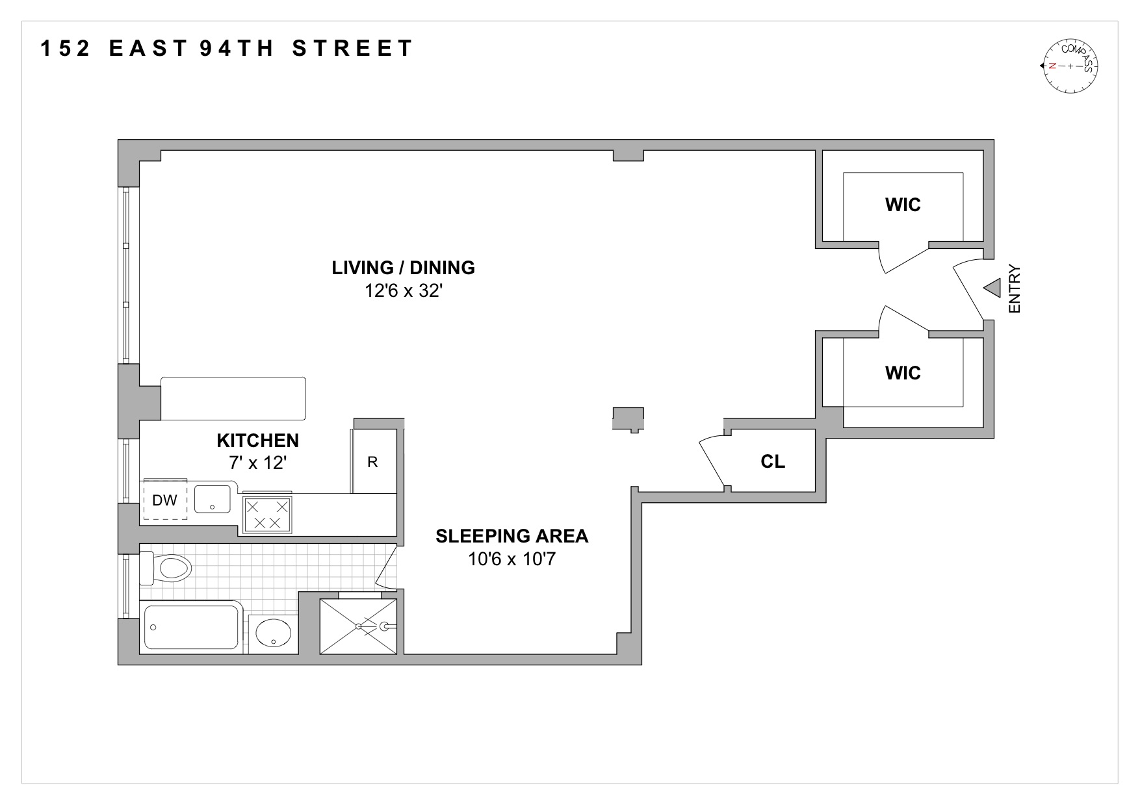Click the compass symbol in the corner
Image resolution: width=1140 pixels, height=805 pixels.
[1070, 66]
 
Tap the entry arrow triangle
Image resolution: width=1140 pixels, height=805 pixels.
[992, 288]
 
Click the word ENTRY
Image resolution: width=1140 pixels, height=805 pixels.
[1015, 288]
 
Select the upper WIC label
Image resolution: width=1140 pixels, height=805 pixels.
[903, 205]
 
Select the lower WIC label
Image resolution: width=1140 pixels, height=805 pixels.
[903, 374]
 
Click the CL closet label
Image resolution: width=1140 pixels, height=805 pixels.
[773, 461]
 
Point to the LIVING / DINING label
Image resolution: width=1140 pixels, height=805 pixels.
[403, 268]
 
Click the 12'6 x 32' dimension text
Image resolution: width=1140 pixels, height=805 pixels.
[403, 290]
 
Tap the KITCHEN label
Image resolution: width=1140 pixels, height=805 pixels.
[257, 441]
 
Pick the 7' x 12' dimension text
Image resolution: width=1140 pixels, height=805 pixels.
[257, 463]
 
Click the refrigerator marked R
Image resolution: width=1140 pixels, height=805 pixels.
[373, 462]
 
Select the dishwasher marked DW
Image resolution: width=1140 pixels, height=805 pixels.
[165, 500]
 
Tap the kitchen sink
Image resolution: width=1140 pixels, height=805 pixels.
[213, 499]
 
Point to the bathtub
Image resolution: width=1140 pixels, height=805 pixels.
[191, 627]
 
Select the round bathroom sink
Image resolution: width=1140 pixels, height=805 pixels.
[273, 632]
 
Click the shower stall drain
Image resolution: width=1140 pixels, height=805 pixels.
[358, 626]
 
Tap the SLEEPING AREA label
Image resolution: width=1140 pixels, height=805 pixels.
[512, 536]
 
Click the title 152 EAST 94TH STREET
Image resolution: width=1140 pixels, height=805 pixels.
[227, 49]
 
